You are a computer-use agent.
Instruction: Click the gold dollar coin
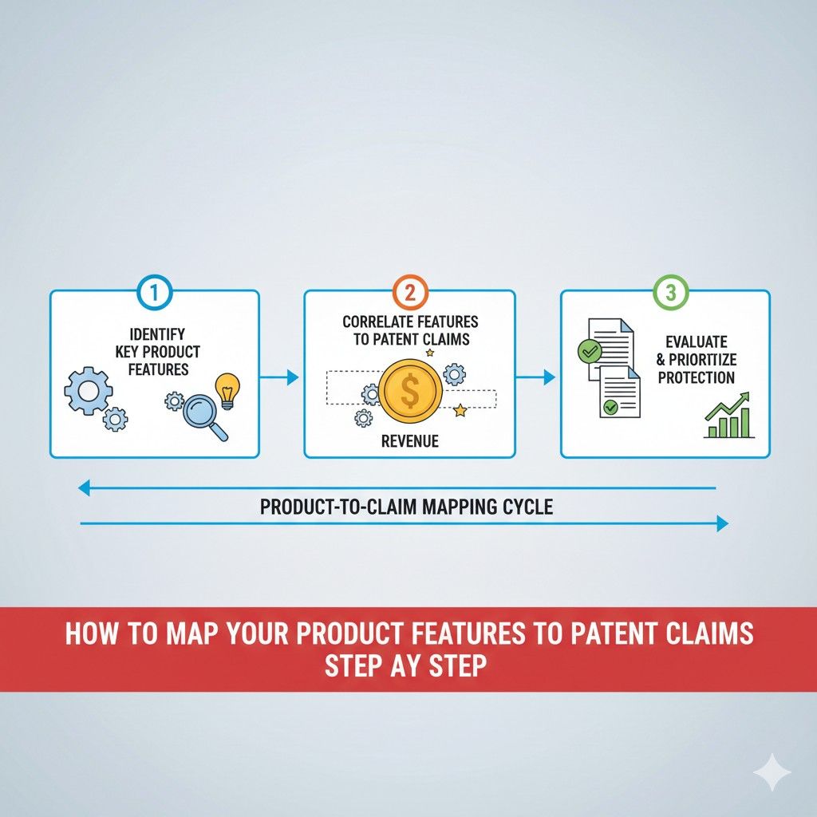coord(410,390)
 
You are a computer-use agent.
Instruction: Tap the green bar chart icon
coord(728,416)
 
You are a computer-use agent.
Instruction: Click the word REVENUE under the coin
coord(410,441)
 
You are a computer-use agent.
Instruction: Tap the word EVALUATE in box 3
coord(697,342)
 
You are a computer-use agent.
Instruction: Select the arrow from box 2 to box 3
coord(537,377)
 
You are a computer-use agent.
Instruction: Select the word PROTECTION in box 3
coord(697,377)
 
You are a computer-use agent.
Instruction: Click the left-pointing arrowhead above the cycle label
coord(84,488)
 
